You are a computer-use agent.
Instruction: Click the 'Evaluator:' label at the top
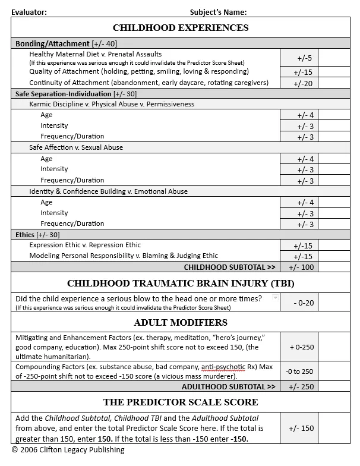point(29,12)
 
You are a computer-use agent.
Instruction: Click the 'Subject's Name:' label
point(218,12)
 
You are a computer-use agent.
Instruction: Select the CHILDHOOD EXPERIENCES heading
point(181,28)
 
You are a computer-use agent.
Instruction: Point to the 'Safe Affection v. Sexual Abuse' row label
point(76,147)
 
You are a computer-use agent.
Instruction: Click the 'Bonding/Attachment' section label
point(52,44)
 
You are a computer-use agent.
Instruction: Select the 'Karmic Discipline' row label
point(112,104)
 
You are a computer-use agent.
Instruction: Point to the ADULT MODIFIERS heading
point(181,323)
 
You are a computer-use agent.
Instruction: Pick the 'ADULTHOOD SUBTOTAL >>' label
point(229,387)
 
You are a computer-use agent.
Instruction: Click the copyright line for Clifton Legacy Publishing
point(68,450)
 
